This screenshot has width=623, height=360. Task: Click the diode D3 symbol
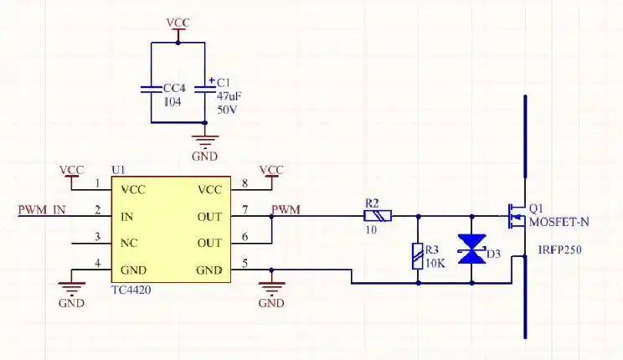474,249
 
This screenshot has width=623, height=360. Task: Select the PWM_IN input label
42,209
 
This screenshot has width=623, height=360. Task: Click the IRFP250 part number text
560,249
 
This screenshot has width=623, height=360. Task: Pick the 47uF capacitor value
229,96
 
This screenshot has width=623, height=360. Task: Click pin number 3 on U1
98,237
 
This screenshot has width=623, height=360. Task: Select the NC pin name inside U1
130,244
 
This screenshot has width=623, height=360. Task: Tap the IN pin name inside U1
127,217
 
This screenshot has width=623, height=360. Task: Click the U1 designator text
118,169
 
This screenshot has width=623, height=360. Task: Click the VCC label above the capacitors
178,23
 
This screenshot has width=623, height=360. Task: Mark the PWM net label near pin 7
286,208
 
